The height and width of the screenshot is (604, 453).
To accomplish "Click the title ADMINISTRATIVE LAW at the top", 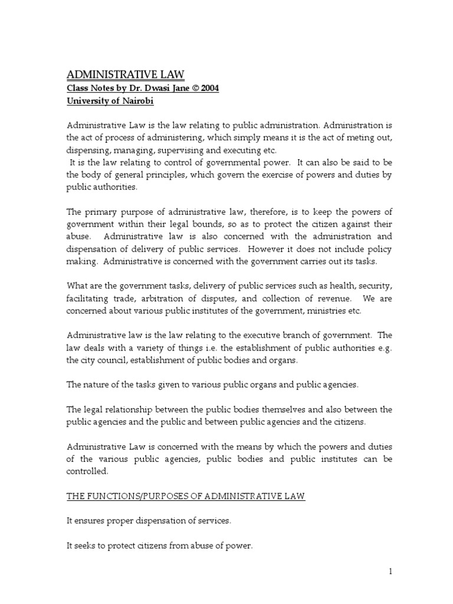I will (x=125, y=74).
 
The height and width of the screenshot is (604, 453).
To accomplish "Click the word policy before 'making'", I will (x=377, y=249).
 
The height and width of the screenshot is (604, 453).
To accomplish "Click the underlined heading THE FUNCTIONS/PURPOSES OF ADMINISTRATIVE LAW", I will (x=185, y=497).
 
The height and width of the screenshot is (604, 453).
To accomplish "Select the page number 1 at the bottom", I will (x=390, y=571).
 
